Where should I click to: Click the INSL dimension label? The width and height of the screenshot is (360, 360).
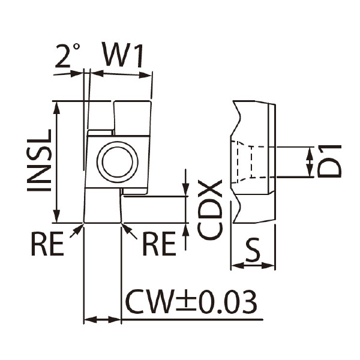39,160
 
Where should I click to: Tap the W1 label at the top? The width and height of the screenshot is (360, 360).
124,55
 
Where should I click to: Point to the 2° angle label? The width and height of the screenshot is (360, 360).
68,55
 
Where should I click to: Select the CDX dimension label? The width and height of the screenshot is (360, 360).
210,209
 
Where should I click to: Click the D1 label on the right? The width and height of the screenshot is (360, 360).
329,161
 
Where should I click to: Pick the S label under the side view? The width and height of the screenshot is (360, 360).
253,250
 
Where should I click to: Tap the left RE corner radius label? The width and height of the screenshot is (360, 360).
47,244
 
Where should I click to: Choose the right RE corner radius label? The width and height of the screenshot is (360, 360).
159,244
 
